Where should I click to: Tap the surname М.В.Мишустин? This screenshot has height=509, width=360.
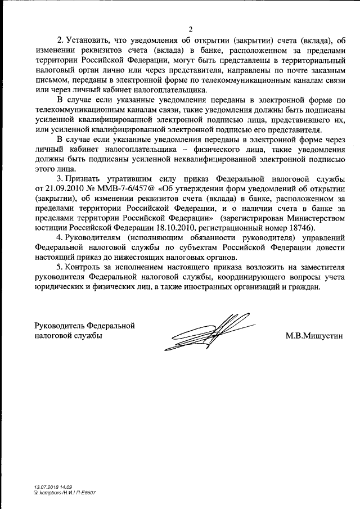click(314, 336)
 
